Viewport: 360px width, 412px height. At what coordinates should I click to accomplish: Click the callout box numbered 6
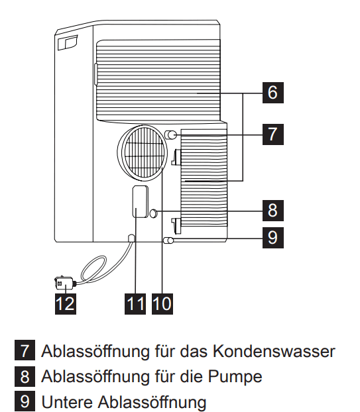coord(273,93)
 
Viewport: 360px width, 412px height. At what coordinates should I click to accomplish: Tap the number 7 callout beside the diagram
coord(273,134)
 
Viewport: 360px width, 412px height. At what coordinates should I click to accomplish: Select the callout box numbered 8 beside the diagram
coord(273,211)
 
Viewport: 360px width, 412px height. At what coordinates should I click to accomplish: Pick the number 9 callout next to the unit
coord(273,238)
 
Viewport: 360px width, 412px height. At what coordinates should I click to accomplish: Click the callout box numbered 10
coord(162,304)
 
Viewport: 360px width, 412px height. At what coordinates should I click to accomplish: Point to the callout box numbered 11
coord(135,304)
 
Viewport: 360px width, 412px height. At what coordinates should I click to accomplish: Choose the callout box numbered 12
coord(66,304)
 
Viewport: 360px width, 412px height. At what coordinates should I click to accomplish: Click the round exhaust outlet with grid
coord(143,152)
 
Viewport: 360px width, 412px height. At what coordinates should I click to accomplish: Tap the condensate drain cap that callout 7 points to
coord(170,135)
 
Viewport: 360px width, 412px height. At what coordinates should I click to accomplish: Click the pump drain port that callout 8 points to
coord(154,213)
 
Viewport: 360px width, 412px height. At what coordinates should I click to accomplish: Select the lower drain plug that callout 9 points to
coord(168,240)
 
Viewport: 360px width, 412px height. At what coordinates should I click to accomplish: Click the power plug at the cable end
coord(65,283)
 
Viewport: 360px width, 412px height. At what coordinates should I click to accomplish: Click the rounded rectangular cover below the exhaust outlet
coord(140,201)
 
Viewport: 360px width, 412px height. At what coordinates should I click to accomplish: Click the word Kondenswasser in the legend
coord(274,351)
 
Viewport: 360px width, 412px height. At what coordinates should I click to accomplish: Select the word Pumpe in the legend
coord(235,376)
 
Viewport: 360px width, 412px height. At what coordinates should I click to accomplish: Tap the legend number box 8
coord(25,376)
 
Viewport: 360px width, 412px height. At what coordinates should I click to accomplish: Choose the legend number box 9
coord(25,401)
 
